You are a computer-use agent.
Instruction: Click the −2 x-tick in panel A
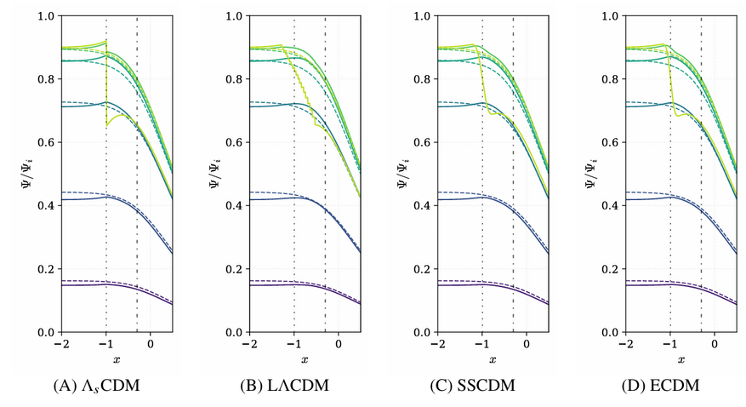(x=61, y=344)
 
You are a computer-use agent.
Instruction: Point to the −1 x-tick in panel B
(x=293, y=344)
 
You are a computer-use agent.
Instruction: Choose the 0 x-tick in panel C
(x=527, y=344)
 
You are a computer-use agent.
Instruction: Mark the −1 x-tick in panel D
(x=669, y=344)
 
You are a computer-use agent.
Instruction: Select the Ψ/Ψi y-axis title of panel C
(x=404, y=174)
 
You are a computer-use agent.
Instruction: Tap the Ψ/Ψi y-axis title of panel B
(x=216, y=174)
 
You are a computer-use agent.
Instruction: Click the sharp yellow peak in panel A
(x=105, y=41)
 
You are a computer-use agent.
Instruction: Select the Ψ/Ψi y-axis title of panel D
(x=592, y=174)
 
